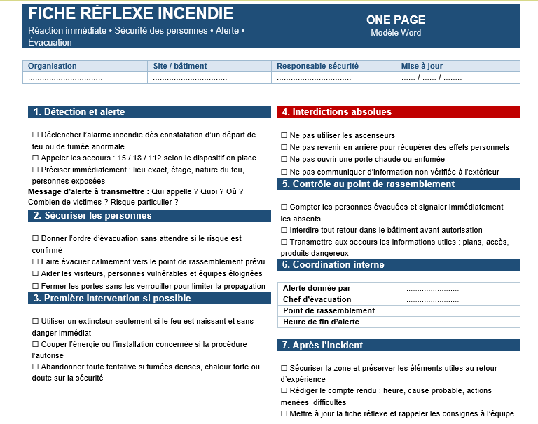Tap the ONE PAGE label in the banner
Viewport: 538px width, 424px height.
tap(396, 20)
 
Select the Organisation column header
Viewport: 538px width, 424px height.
tap(53, 66)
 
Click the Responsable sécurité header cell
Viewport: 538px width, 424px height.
tap(317, 66)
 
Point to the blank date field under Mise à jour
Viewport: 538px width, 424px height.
tap(431, 78)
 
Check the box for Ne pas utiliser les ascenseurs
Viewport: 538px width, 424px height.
tap(284, 136)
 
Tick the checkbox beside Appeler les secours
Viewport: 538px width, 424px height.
tap(36, 158)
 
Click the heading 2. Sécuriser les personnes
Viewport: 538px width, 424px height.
tap(92, 216)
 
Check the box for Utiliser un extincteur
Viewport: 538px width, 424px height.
tap(36, 321)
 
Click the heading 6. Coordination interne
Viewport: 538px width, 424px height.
tap(333, 265)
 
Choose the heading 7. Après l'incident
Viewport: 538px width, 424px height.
tap(323, 346)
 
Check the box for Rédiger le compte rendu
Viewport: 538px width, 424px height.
tap(284, 391)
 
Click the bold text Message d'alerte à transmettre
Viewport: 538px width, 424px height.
tap(88, 191)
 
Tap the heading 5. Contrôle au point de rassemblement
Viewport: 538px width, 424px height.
tap(368, 184)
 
